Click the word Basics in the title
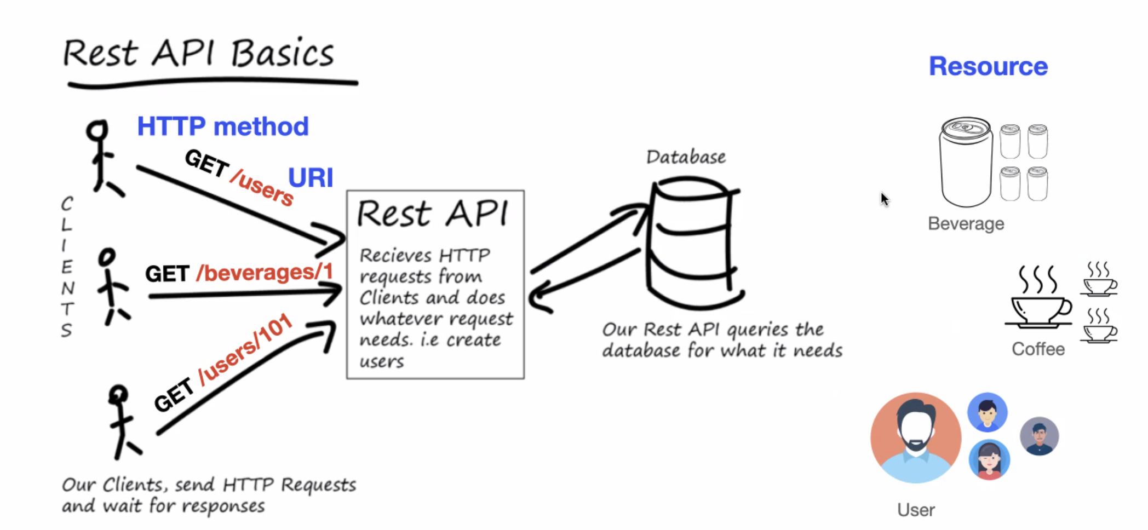pos(282,54)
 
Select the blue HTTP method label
pos(223,126)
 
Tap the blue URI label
pos(311,177)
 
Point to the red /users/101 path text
pos(245,350)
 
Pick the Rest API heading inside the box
pos(433,213)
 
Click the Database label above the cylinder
pos(686,157)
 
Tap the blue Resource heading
pos(988,66)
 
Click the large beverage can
pos(966,162)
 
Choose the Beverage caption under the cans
pos(966,223)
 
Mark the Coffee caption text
pos(1038,349)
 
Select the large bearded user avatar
pos(916,437)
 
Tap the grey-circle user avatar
pos(1039,436)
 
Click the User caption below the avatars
pos(916,510)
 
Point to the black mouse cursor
pos(884,199)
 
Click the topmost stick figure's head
pos(97,130)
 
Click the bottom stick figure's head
pos(118,394)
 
